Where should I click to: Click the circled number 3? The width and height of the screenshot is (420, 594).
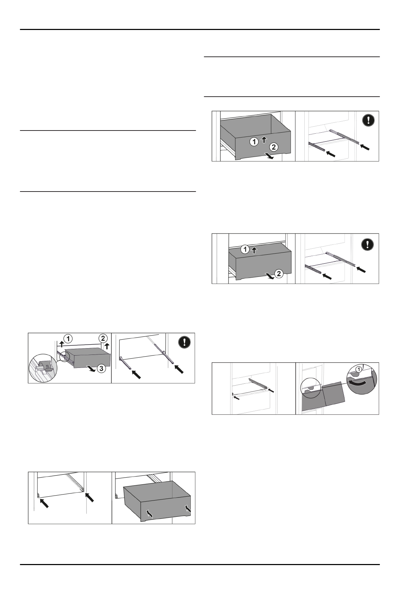click(x=101, y=369)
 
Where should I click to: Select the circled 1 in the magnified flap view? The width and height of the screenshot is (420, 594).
click(x=358, y=369)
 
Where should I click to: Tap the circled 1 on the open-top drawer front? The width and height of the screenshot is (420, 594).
click(x=254, y=142)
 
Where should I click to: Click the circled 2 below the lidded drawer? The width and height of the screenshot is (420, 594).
click(x=278, y=273)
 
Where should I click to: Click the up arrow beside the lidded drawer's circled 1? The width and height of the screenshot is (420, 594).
click(x=253, y=250)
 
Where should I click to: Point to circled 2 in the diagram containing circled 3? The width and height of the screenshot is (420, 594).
click(x=103, y=338)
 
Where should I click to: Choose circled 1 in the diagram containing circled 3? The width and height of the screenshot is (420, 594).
click(x=68, y=338)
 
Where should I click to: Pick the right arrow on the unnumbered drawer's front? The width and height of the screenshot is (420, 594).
click(x=188, y=509)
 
